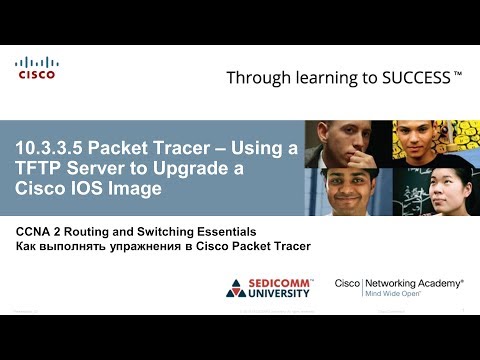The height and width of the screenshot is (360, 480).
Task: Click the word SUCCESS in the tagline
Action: (412, 77)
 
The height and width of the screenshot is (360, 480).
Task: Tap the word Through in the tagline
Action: (259, 77)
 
